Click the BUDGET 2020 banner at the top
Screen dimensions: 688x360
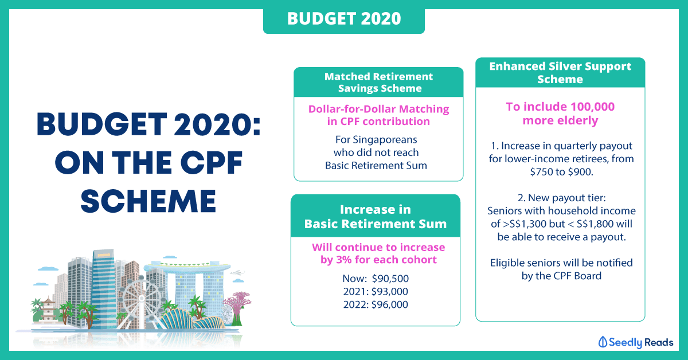click(344, 19)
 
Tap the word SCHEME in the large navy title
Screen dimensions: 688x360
click(148, 202)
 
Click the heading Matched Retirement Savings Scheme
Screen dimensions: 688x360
click(379, 83)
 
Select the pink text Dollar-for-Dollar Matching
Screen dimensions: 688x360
click(379, 109)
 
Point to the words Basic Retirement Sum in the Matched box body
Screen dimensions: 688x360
click(376, 166)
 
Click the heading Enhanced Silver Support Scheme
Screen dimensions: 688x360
click(560, 73)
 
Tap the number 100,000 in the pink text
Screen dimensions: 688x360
click(592, 107)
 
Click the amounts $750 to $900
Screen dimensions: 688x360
click(561, 172)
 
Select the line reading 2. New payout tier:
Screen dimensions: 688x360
click(561, 198)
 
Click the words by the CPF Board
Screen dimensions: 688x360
click(561, 276)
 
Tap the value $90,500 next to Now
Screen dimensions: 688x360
click(390, 279)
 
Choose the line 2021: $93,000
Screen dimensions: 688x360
click(376, 292)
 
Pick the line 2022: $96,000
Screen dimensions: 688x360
click(376, 304)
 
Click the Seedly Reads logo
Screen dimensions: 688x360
click(635, 342)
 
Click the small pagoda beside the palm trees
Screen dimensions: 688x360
click(48, 310)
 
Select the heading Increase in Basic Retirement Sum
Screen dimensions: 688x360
click(376, 217)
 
